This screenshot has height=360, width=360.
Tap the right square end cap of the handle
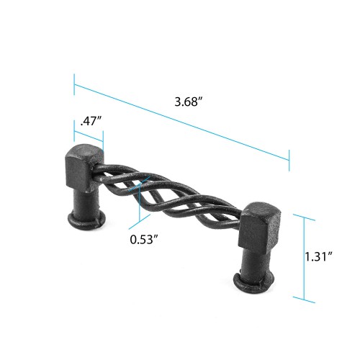click(x=257, y=226)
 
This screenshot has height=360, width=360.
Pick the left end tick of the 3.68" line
click(x=73, y=83)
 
